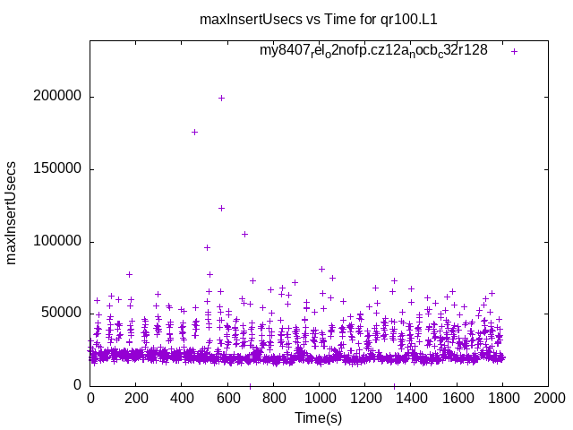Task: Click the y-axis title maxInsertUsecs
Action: [x=13, y=213]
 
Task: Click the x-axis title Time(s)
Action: [x=319, y=417]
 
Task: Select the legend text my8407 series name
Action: [x=373, y=50]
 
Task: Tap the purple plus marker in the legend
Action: [x=514, y=51]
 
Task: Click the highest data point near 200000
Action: [x=221, y=98]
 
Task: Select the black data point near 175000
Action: [x=194, y=132]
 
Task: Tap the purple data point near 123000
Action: [x=221, y=208]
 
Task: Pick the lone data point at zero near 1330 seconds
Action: [x=394, y=385]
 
